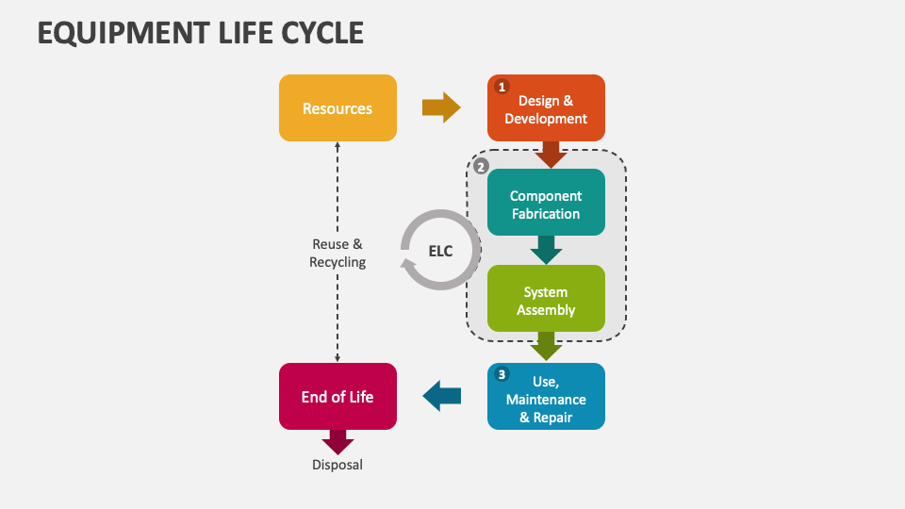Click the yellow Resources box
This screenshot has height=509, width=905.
[337, 108]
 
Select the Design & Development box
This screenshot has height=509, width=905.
[546, 108]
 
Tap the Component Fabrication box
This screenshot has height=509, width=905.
[546, 204]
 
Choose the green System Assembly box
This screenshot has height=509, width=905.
[546, 299]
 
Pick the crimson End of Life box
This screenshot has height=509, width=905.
[337, 397]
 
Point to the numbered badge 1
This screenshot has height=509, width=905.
[502, 87]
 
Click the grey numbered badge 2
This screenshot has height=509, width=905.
[481, 167]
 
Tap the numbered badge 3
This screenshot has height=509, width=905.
[502, 375]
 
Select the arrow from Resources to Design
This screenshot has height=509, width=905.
[441, 108]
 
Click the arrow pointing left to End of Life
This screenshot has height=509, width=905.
[441, 396]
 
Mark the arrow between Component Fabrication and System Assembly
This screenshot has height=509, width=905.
[546, 250]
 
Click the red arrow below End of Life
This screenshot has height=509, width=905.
[337, 442]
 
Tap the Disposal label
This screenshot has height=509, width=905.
[337, 465]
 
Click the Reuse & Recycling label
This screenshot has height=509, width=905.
[337, 253]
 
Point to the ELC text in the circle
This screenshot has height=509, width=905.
[441, 251]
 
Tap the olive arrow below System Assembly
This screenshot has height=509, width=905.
[546, 346]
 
